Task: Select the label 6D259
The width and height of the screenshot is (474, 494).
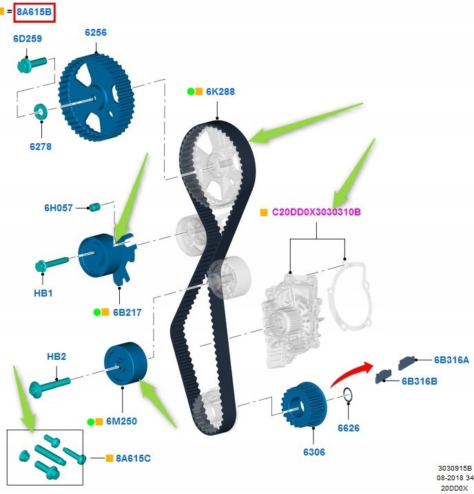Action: point(27,39)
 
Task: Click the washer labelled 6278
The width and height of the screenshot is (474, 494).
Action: point(39,110)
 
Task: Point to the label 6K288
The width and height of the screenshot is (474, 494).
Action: point(220,92)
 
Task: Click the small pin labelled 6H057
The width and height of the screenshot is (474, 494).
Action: point(94,206)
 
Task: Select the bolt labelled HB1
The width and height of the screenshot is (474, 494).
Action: point(51,264)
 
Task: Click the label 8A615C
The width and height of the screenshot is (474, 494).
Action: point(132,458)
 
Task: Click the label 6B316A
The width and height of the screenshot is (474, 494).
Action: point(451,359)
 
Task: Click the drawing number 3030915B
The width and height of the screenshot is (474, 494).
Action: point(455,468)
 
